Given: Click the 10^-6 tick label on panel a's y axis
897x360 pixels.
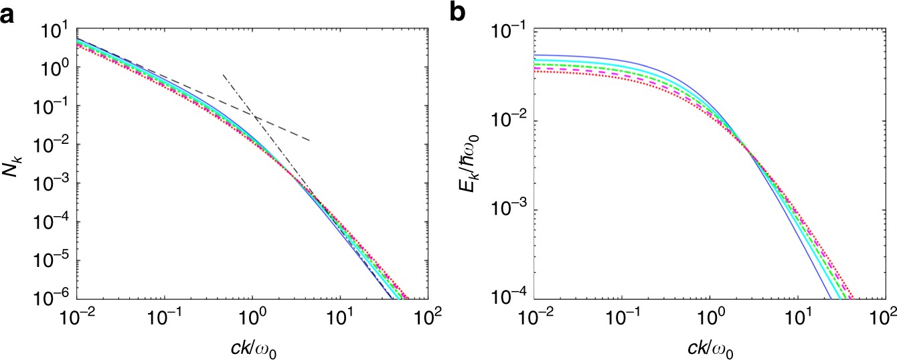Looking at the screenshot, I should point(54,298).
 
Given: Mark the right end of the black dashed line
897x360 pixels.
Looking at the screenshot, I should point(309,140).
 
